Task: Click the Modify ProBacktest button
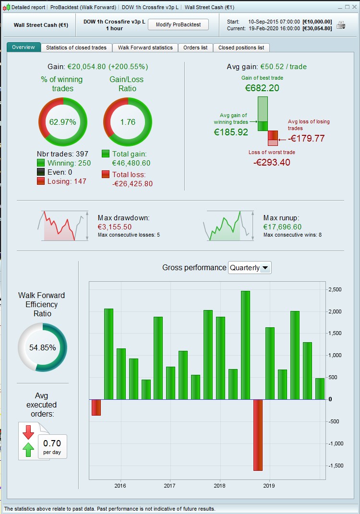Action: click(x=178, y=24)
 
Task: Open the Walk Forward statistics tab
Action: click(x=145, y=48)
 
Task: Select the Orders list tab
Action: click(x=195, y=48)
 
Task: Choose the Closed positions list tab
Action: click(x=241, y=48)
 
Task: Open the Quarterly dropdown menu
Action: click(x=250, y=268)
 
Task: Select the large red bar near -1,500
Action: click(x=258, y=434)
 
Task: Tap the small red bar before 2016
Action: click(x=96, y=407)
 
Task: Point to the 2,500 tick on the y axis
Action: click(x=335, y=290)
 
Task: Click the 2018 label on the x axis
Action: click(x=220, y=486)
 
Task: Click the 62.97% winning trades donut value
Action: click(x=62, y=122)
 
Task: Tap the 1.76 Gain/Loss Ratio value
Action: click(x=128, y=122)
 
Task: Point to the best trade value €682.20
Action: click(x=262, y=88)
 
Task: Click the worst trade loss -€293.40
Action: click(x=272, y=162)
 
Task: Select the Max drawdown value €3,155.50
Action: click(x=115, y=227)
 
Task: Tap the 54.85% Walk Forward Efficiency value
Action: click(x=42, y=347)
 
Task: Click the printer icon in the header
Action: click(x=341, y=25)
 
